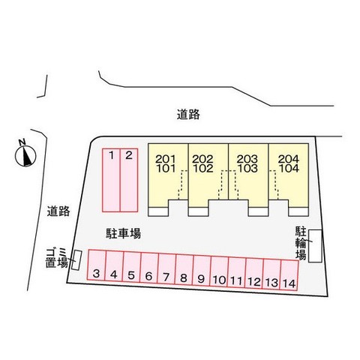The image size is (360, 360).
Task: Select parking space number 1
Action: pyautogui.click(x=111, y=180)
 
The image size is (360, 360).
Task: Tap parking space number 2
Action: pyautogui.click(x=129, y=180)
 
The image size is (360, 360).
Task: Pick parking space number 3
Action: pyautogui.click(x=97, y=265)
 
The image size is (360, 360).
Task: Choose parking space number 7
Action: pyautogui.click(x=166, y=269)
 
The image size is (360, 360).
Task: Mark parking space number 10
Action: pyautogui.click(x=219, y=271)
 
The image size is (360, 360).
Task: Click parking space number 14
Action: pyautogui.click(x=289, y=275)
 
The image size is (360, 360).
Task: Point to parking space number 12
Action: pyautogui.click(x=254, y=274)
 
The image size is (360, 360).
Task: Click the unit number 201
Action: pyautogui.click(x=166, y=159)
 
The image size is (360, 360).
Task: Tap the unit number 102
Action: pyautogui.click(x=203, y=168)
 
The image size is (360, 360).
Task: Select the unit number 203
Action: pyautogui.click(x=247, y=159)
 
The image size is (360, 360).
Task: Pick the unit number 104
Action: pyautogui.click(x=289, y=168)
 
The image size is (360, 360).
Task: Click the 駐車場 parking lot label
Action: pyautogui.click(x=123, y=233)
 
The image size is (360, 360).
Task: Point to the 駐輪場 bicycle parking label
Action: pyautogui.click(x=301, y=243)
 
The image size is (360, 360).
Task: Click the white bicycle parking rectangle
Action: pyautogui.click(x=315, y=246)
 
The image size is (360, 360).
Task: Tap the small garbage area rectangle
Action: pyautogui.click(x=76, y=260)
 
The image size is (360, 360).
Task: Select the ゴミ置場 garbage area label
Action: pyautogui.click(x=57, y=258)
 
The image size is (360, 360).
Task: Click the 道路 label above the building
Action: pyautogui.click(x=188, y=115)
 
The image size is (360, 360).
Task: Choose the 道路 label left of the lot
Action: pyautogui.click(x=58, y=211)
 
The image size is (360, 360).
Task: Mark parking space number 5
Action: pyautogui.click(x=131, y=267)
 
